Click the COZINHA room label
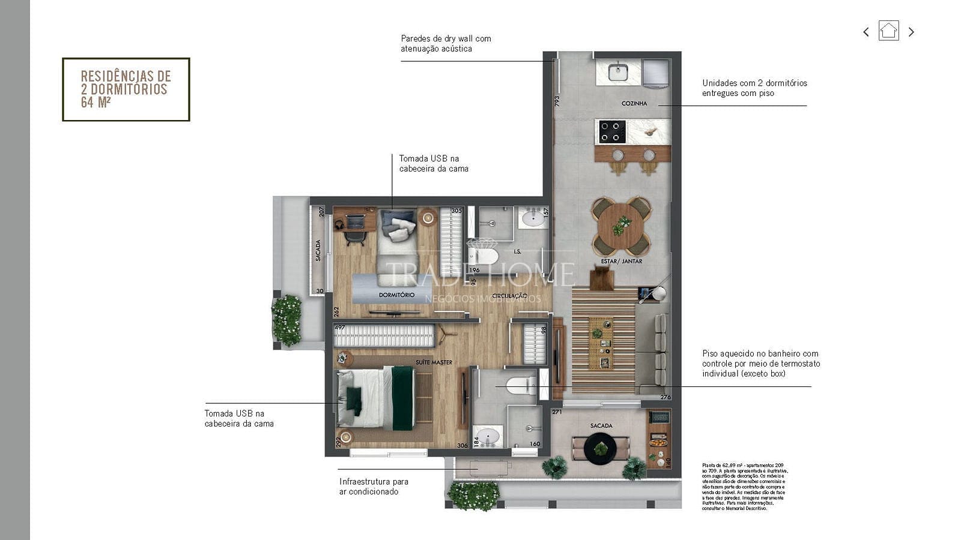[634, 103]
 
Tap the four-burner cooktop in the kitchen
[611, 132]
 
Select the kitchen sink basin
[617, 73]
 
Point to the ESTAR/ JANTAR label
[622, 262]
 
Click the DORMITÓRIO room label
[396, 295]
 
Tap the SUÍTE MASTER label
[434, 362]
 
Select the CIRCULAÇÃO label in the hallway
[509, 296]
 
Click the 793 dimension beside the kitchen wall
[557, 101]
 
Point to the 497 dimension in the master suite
[339, 328]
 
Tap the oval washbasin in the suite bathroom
[487, 436]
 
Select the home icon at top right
[888, 31]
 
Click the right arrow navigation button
[911, 32]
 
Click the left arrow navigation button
[866, 32]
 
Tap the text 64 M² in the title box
[95, 103]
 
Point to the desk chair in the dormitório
[355, 238]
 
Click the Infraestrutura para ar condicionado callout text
[374, 487]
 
